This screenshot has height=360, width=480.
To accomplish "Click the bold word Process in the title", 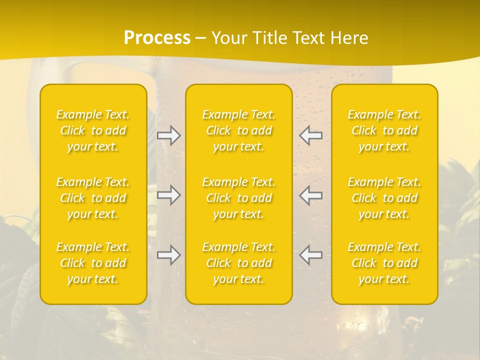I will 157,38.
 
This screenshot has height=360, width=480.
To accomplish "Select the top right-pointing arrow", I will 169,135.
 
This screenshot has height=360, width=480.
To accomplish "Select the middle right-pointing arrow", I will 169,195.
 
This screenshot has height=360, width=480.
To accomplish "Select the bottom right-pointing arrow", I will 169,255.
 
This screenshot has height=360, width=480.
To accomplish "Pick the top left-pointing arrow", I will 310,135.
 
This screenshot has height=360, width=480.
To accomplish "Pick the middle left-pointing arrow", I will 310,195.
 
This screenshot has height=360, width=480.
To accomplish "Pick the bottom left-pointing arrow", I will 310,255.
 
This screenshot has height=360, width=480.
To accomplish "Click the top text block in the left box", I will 93,130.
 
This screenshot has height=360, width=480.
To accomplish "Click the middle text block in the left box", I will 93,198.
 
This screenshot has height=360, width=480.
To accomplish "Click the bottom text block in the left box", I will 93,263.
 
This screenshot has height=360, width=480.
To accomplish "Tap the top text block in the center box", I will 238,130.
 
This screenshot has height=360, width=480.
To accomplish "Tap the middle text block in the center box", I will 238,198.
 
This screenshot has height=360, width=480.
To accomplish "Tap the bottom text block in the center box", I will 238,263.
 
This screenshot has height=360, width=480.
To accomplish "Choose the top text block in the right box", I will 384,130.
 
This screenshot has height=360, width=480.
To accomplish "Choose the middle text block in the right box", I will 384,198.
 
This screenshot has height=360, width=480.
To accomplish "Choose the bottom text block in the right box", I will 384,263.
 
